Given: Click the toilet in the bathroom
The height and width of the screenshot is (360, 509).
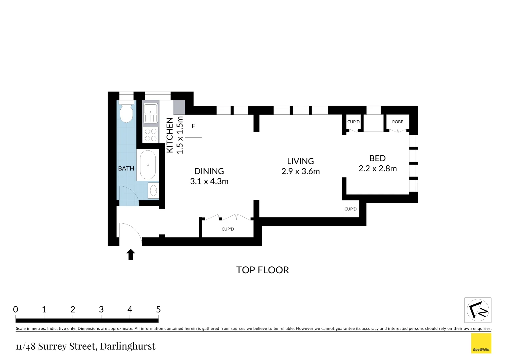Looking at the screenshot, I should pos(126,113).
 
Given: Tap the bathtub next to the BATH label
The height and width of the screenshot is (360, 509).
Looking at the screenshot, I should pos(148,165).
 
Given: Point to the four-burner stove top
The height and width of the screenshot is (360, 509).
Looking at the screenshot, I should pos(151,135).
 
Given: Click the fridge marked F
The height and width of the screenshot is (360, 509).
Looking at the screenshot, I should pos(193,126).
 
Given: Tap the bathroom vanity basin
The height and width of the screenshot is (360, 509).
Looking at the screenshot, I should pos(154,190).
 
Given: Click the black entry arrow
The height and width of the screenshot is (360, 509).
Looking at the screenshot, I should pos(131,254).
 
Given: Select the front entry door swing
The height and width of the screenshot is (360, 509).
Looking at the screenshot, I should pos(130,232).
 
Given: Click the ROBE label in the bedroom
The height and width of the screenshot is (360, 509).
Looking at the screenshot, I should pos(397,122).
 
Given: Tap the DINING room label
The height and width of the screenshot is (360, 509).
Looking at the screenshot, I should pos(209,171).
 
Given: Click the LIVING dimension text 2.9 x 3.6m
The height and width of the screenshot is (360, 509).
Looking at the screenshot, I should pos(300,172).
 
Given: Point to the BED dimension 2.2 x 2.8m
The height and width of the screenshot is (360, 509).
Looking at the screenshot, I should pos(377,169).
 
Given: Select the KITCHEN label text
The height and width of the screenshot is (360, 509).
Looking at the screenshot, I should pos(170,135).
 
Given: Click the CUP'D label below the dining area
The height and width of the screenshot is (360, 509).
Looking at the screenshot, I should pos(228,229).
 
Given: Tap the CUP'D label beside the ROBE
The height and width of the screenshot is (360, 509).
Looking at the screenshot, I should pos(353,122).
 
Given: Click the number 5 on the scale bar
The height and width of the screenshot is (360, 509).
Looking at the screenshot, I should pos(158,310).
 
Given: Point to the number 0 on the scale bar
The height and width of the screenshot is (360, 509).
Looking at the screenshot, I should pos(16,310).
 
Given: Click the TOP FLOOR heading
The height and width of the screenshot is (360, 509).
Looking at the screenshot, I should pos(262,270).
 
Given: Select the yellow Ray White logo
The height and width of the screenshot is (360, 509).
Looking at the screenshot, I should pos(481,343).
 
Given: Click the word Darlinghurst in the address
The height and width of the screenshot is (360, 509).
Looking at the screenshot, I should pos(128,346).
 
